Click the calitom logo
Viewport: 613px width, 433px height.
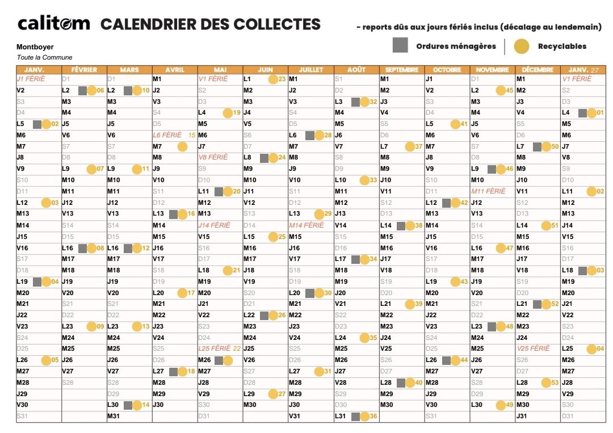pyautogui.click(x=54, y=24)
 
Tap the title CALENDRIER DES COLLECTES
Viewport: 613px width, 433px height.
pyautogui.click(x=211, y=24)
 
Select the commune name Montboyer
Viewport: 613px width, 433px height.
pyautogui.click(x=35, y=47)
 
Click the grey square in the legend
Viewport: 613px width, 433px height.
pyautogui.click(x=401, y=46)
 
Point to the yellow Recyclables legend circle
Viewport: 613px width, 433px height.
pyautogui.click(x=521, y=47)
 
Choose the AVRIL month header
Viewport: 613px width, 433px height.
pyautogui.click(x=175, y=70)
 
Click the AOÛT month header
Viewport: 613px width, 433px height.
pyautogui.click(x=356, y=70)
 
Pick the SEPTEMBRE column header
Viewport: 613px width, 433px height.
pyautogui.click(x=402, y=70)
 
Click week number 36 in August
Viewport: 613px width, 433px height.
pyautogui.click(x=373, y=417)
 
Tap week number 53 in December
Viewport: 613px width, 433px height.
pyautogui.click(x=555, y=383)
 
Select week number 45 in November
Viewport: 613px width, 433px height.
pyautogui.click(x=509, y=91)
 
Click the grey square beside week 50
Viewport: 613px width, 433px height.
pyautogui.click(x=537, y=147)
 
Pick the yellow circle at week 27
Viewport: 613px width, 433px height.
pyautogui.click(x=273, y=394)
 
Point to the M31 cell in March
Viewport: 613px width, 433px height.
pyautogui.click(x=115, y=417)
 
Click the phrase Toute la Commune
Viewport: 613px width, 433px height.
pyautogui.click(x=44, y=57)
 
